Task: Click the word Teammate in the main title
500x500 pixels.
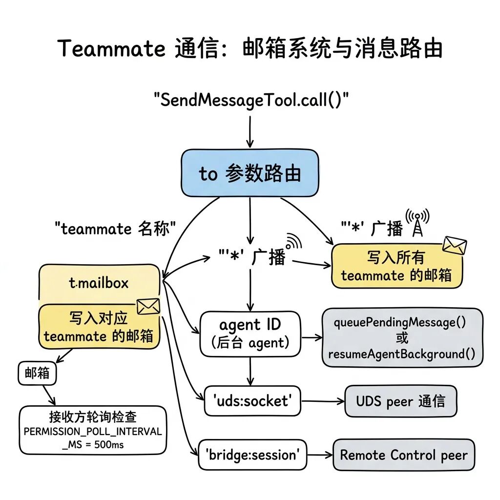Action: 111,49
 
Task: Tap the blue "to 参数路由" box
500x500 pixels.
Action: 250,174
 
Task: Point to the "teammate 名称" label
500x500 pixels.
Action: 115,228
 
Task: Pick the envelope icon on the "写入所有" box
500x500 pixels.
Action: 454,246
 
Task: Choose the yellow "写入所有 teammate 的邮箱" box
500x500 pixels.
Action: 396,266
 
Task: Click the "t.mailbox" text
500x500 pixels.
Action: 99,283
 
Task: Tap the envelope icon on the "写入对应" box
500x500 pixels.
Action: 148,306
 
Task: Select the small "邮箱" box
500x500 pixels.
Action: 37,373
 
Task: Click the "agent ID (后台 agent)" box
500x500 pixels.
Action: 250,334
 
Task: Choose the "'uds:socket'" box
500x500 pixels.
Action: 252,401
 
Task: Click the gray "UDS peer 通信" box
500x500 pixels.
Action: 400,401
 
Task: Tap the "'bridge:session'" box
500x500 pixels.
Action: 252,455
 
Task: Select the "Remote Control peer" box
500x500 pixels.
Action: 403,455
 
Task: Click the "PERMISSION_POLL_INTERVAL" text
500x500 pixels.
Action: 93,431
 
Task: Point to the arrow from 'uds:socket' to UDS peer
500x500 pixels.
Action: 322,401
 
